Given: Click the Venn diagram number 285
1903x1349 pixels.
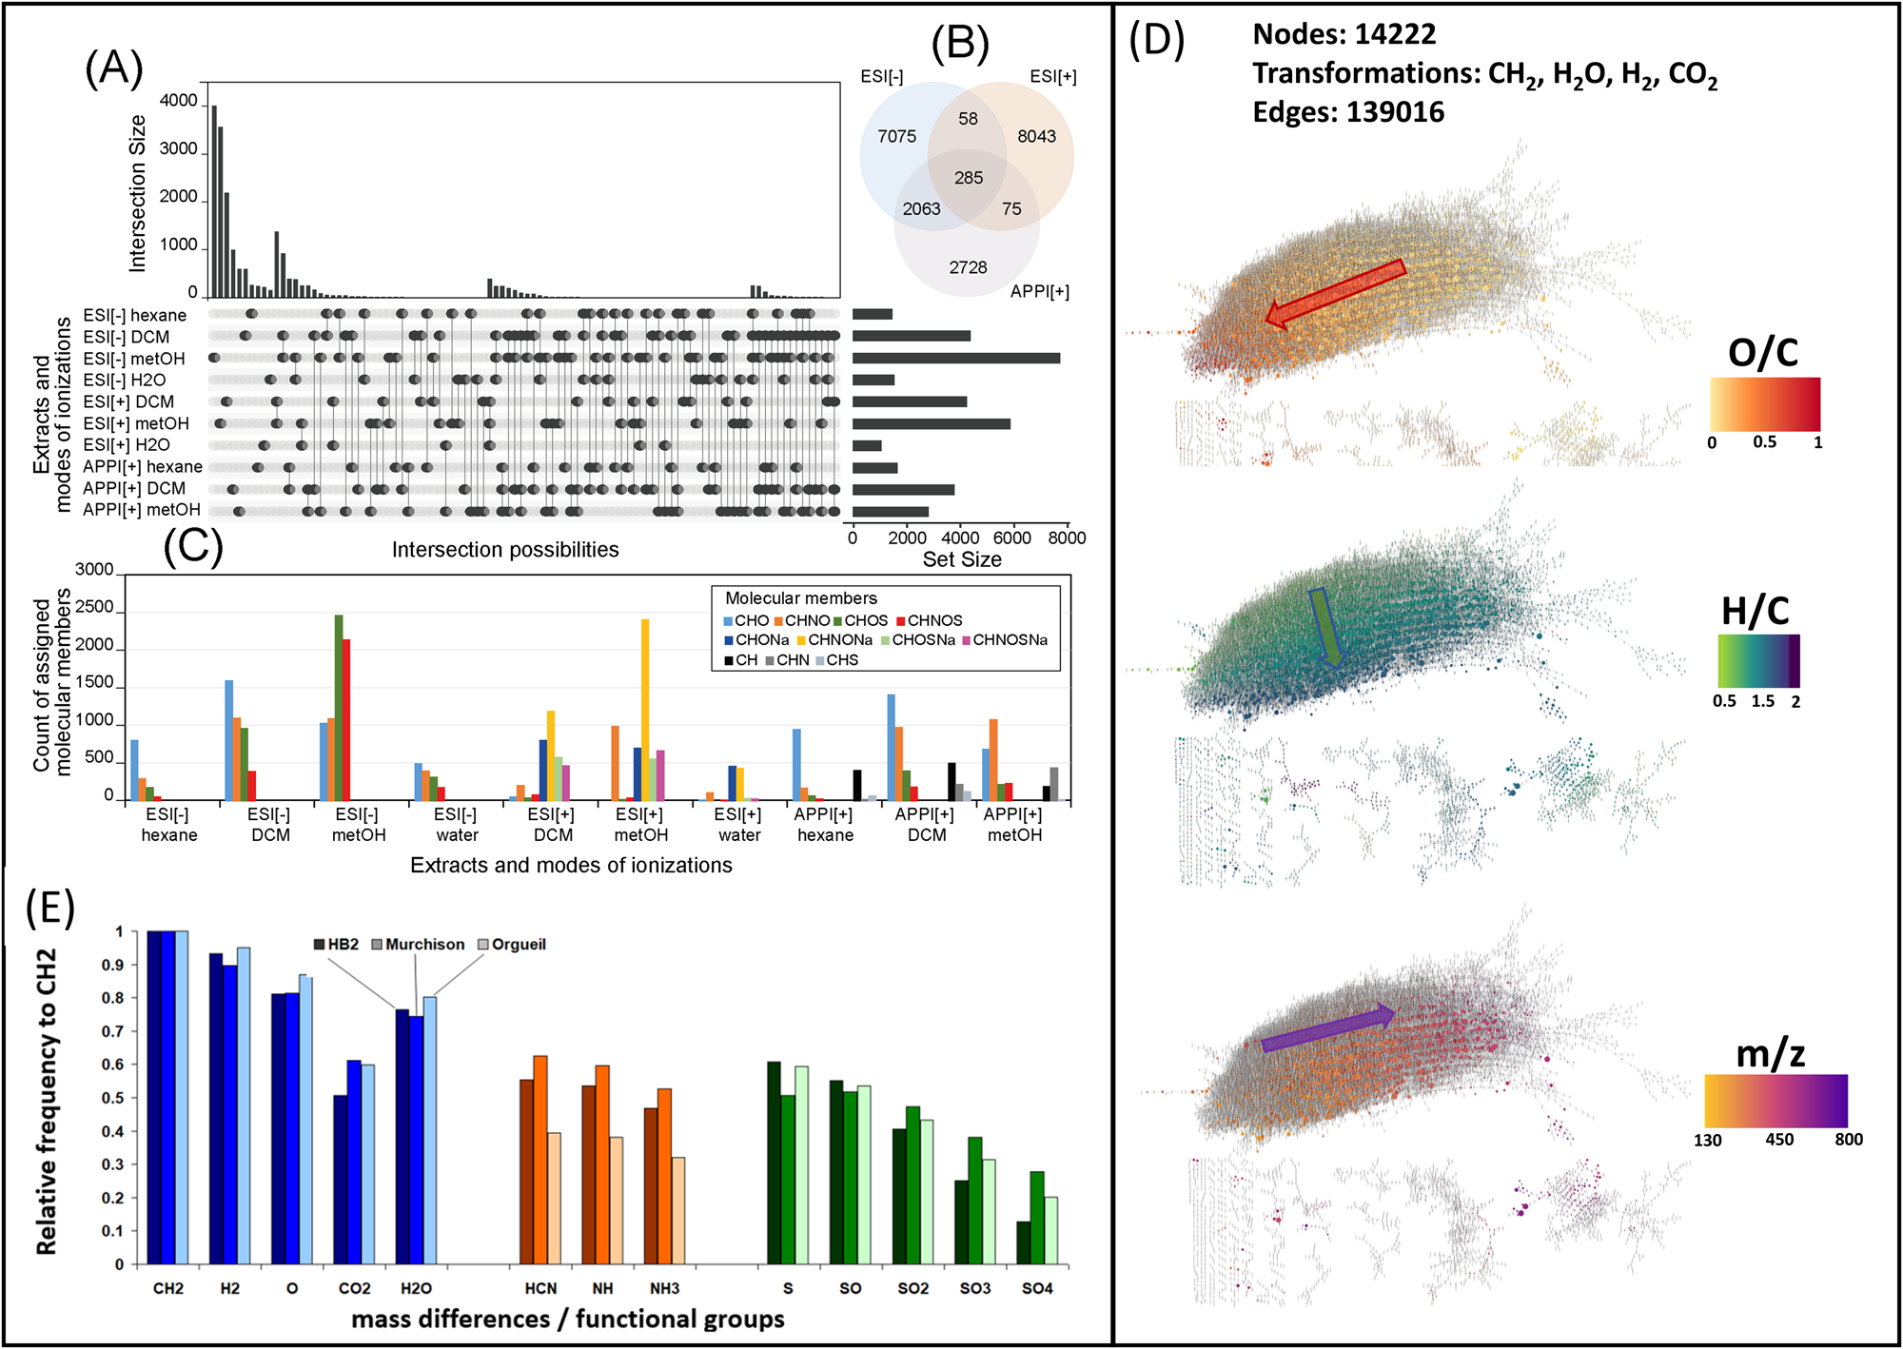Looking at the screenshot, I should point(969,178).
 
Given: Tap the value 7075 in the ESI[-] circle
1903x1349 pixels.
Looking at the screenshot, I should point(896,137).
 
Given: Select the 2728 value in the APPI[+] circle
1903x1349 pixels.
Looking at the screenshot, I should point(968,268).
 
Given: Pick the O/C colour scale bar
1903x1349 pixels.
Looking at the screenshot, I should point(1765,404).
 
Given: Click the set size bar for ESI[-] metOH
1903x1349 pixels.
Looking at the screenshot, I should point(955,359).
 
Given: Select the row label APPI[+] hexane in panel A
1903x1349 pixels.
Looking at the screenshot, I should point(143,467).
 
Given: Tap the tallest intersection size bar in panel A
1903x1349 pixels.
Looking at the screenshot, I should point(214,202).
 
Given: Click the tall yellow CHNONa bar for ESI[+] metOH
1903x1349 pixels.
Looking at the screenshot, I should point(645,709).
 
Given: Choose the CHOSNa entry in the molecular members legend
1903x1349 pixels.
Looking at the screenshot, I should point(922,640).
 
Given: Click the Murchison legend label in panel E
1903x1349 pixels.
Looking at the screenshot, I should point(424,945).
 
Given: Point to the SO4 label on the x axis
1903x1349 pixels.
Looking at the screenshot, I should point(1036,1288).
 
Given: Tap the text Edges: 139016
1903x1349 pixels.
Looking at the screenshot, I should point(1347,112).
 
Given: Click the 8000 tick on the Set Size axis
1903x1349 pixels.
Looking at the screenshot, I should point(1066,538).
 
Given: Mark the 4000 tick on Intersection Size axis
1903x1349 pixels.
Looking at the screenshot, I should point(178,101).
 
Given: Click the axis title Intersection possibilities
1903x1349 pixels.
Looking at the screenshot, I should point(505,550).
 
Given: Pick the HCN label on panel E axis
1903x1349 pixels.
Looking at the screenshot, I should point(540,1288).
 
